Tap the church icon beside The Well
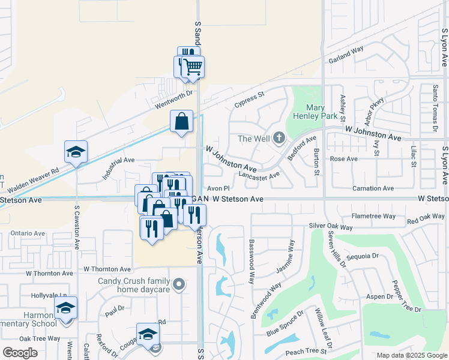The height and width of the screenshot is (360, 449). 279,139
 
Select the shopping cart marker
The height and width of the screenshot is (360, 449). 193,67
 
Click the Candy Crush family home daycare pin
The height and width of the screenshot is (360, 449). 178,284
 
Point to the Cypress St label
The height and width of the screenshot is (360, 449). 249,99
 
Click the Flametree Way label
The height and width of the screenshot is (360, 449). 373,215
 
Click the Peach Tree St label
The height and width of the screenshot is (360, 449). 306,351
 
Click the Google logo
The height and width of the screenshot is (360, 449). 20,353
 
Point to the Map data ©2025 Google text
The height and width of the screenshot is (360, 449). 411,355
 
